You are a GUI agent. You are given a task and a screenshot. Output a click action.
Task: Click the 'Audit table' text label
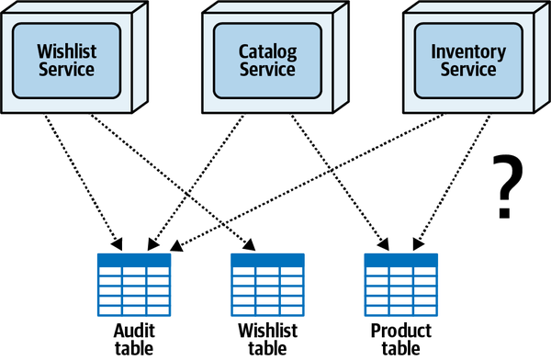click(x=134, y=337)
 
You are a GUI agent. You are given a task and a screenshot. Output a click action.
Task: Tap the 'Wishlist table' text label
click(x=267, y=337)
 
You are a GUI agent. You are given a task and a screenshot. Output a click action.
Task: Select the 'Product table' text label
click(x=401, y=337)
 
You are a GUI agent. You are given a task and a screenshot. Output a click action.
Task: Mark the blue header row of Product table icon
click(x=401, y=260)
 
